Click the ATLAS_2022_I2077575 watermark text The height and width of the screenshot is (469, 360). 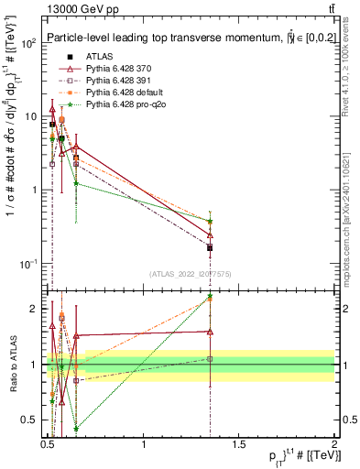190,274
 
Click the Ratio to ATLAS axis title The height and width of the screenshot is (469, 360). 11,365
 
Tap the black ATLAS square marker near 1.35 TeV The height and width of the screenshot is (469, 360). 211,247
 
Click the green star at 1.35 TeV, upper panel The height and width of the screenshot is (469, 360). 211,221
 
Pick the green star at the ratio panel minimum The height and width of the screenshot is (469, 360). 76,428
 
